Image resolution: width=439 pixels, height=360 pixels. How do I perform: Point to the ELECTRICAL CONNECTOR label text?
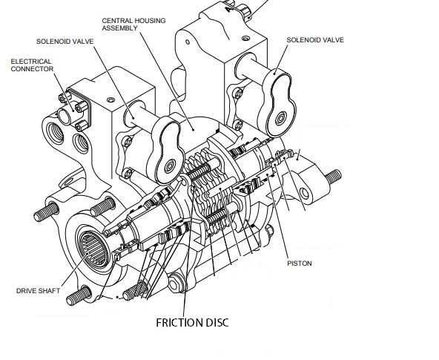[x=32, y=65]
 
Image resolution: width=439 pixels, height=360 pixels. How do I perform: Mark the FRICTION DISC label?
[x=192, y=323]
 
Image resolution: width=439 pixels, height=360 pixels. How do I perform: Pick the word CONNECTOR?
[x=32, y=69]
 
